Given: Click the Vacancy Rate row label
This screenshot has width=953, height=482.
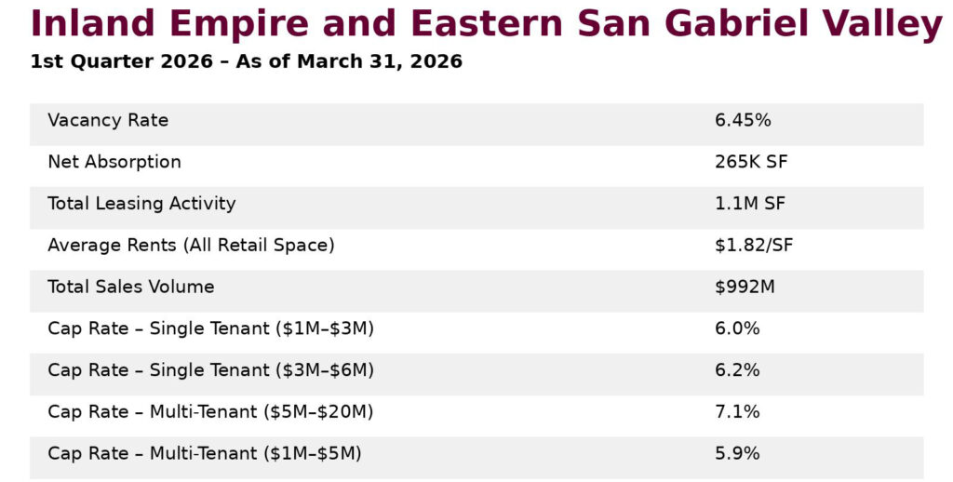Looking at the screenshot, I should point(108,121).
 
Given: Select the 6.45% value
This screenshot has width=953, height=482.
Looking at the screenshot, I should point(743,121).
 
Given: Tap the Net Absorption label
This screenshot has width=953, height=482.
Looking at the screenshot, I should point(114,162).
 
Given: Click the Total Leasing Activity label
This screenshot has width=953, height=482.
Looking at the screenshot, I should point(141,204).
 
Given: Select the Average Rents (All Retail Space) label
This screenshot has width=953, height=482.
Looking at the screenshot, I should point(191,246).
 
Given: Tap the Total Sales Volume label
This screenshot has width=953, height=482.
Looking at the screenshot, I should point(131,288).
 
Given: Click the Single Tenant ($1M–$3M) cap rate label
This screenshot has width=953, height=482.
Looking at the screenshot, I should point(210,328).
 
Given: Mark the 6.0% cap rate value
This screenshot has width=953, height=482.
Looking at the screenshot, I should point(737,328).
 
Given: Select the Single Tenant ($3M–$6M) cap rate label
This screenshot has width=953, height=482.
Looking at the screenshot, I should point(210,370).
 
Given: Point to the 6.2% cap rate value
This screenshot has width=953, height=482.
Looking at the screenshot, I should point(737,370).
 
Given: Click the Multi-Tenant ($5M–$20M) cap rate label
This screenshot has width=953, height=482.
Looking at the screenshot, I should point(210,412).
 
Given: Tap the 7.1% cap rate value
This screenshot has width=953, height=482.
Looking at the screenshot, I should point(737,412).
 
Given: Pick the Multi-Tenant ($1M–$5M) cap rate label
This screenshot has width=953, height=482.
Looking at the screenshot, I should point(205,454).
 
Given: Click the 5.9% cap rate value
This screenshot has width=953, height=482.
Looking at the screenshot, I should point(737,454).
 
